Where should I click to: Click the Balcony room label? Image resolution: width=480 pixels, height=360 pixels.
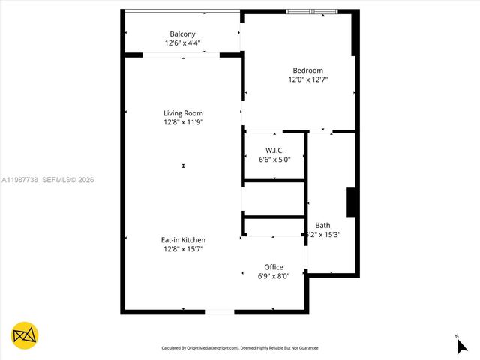pos(182,34)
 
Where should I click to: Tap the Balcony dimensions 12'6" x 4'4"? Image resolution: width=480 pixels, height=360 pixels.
pos(182,43)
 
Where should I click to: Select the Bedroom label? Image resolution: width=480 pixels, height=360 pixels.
pos(307,70)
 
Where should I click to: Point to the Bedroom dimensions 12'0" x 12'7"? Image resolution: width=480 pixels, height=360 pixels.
pos(307,79)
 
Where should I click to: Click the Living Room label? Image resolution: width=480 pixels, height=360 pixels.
pos(183,113)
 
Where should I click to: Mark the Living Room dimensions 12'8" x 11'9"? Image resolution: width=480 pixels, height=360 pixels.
pos(183,122)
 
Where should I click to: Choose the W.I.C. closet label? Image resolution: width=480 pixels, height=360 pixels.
pos(274,150)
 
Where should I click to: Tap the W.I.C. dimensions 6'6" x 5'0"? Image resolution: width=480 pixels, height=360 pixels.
pos(274,159)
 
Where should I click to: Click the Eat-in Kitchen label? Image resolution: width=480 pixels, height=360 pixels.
pos(183,240)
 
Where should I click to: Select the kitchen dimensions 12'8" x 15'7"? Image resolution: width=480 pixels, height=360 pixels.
pos(183,249)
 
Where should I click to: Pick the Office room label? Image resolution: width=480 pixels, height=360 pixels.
pos(274,267)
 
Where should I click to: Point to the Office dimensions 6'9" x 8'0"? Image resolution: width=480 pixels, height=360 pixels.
pos(274,276)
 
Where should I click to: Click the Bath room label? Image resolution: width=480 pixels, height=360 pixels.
pos(322,225)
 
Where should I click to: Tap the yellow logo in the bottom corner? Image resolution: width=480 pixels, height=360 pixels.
pos(25,335)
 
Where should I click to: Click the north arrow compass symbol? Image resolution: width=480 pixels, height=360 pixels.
pos(461,345)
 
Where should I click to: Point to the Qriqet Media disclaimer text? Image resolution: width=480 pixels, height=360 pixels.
pos(240,348)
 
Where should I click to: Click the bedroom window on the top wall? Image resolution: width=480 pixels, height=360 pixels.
pos(312,11)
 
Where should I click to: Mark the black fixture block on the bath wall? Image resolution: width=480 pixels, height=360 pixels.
pos(350,202)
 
